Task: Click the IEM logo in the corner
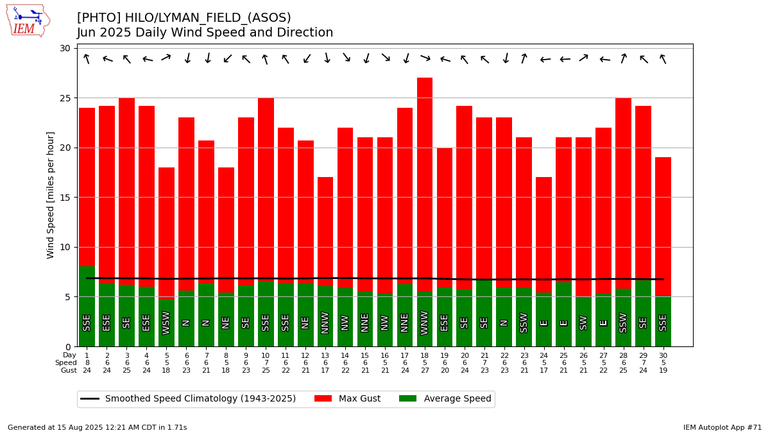[x=28, y=21]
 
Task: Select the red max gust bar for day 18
[x=425, y=185]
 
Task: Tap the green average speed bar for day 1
[x=87, y=307]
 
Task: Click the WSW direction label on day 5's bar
[x=166, y=323]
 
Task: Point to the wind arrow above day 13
[x=327, y=58]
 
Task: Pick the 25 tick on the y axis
[x=65, y=98]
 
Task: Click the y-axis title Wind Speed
[x=50, y=195]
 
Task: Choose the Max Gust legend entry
[x=347, y=398]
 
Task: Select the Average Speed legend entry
[x=445, y=398]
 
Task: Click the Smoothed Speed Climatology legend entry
[x=188, y=398]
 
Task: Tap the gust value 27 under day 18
[x=425, y=371]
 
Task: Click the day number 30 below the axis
[x=663, y=355]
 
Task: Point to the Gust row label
[x=69, y=371]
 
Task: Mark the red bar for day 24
[x=544, y=235]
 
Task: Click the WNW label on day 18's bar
[x=425, y=323]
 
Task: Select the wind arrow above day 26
[x=583, y=58]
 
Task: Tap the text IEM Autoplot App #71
[x=723, y=427]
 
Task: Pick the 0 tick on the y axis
[x=68, y=347]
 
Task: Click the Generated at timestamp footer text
[x=98, y=427]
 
